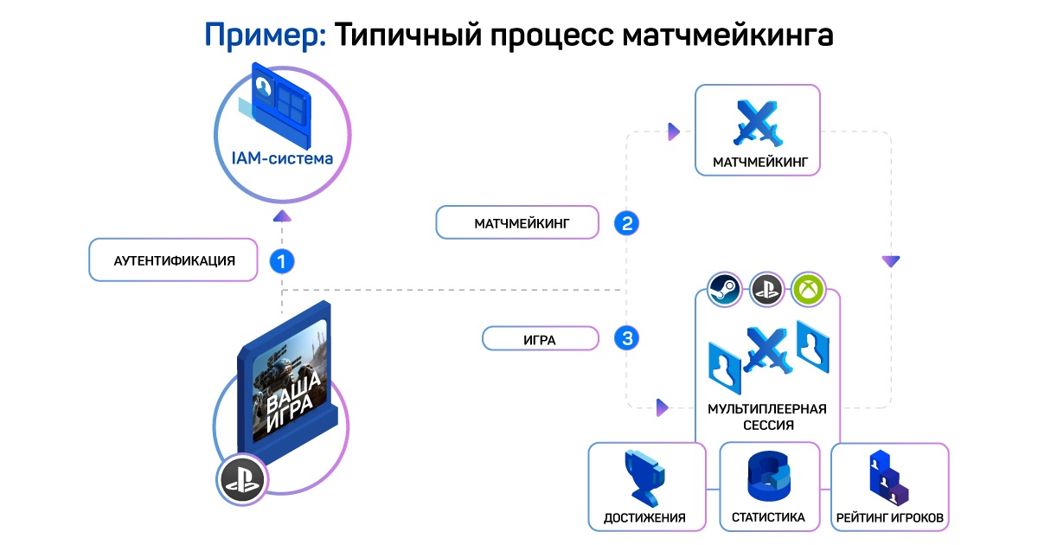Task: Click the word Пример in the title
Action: click(265, 35)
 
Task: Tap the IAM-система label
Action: click(281, 158)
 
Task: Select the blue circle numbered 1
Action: click(282, 260)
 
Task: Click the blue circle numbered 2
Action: click(627, 223)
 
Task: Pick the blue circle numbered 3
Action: click(627, 337)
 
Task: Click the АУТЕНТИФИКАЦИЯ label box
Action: click(174, 260)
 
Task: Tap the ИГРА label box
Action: click(540, 340)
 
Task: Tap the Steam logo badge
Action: click(723, 289)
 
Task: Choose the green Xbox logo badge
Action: click(809, 289)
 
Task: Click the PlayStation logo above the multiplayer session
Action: click(766, 289)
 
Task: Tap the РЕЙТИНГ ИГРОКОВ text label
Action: click(889, 518)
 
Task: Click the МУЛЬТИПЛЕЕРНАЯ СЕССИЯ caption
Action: click(766, 416)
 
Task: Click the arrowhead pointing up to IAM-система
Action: click(282, 216)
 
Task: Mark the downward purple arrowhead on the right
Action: click(890, 260)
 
